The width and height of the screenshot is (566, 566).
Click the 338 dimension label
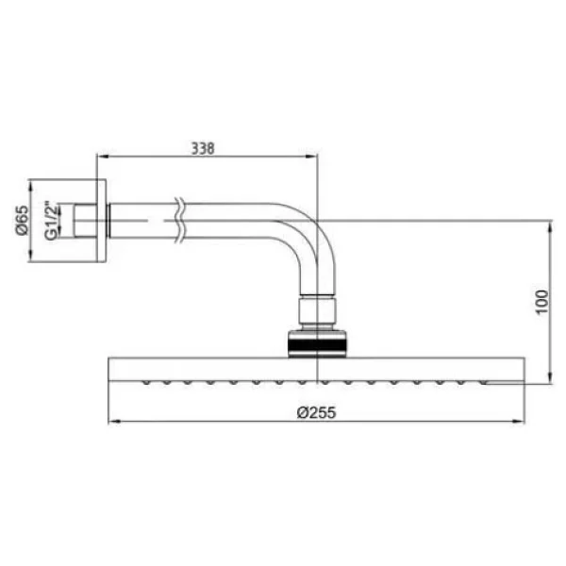pyautogui.click(x=203, y=148)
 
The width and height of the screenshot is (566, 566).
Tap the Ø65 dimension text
pyautogui.click(x=22, y=220)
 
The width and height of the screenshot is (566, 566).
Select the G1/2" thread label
pyautogui.click(x=51, y=221)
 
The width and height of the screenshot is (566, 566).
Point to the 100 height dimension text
pyautogui.click(x=541, y=302)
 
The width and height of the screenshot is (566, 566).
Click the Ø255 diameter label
pyautogui.click(x=316, y=412)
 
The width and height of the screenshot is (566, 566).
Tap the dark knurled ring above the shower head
pyautogui.click(x=317, y=343)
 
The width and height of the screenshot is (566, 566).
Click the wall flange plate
pyautogui.click(x=102, y=221)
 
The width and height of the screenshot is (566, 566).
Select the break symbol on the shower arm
pyautogui.click(x=179, y=220)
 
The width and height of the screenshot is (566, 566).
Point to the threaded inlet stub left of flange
pyautogui.click(x=86, y=221)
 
